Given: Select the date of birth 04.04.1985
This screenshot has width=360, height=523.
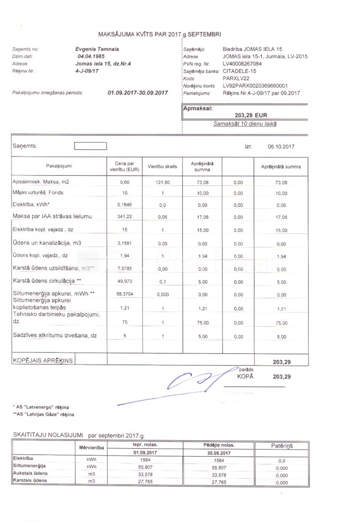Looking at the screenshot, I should [91, 56].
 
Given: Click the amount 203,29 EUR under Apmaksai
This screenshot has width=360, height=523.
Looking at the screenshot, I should [251, 115].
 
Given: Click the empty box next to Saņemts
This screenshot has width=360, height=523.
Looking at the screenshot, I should [90, 146].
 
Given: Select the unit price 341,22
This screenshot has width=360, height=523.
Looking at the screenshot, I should [124, 217].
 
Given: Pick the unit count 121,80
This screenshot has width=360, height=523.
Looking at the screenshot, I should [163, 182].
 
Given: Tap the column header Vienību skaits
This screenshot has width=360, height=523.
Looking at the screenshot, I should [163, 166].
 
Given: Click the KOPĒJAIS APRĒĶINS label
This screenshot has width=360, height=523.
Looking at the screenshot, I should [43, 361].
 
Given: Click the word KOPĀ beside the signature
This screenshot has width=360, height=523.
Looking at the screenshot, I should [245, 377].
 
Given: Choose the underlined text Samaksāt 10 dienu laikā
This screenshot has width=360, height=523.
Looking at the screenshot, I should [245, 124].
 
